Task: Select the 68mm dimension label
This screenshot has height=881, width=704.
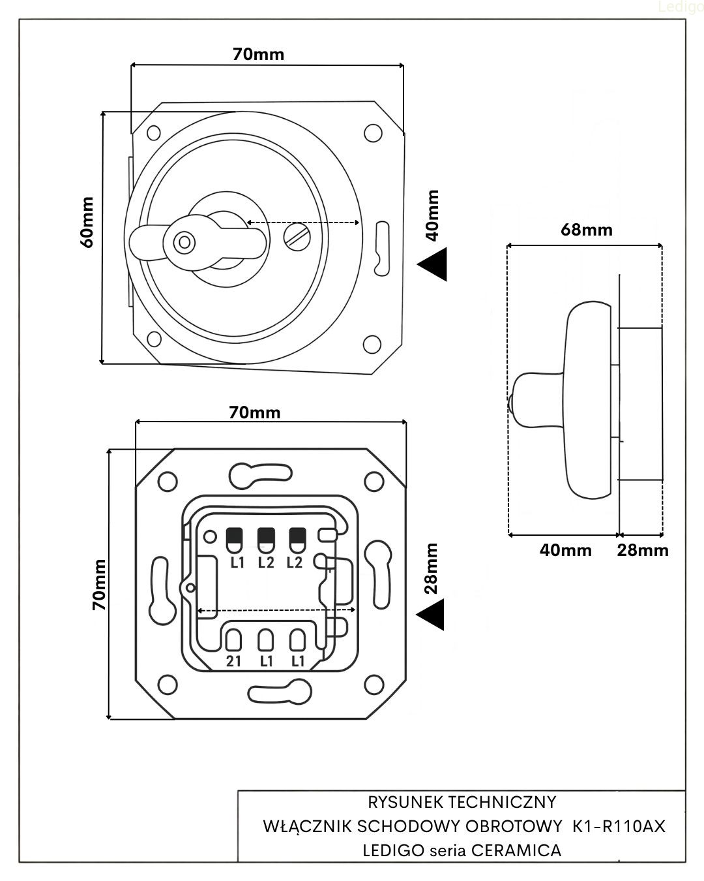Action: (586, 229)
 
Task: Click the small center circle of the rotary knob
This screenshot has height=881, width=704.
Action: (184, 243)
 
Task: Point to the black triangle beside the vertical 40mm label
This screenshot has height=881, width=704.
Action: (433, 264)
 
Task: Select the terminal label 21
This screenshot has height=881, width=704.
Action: (233, 661)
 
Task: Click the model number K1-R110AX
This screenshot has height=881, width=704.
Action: (619, 826)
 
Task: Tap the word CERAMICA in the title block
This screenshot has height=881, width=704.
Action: (516, 850)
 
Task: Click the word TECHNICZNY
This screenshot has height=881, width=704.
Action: (501, 801)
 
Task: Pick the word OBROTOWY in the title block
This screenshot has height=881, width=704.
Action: (514, 826)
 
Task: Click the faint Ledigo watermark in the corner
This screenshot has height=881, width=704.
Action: (681, 7)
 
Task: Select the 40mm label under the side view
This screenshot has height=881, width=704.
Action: (565, 550)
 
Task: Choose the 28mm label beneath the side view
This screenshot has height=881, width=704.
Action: (643, 550)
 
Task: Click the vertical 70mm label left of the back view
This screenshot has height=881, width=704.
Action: (99, 584)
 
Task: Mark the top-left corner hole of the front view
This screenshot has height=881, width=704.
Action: (154, 132)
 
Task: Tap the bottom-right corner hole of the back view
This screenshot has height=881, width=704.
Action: (374, 685)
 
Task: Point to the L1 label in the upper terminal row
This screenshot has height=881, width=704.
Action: (237, 562)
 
